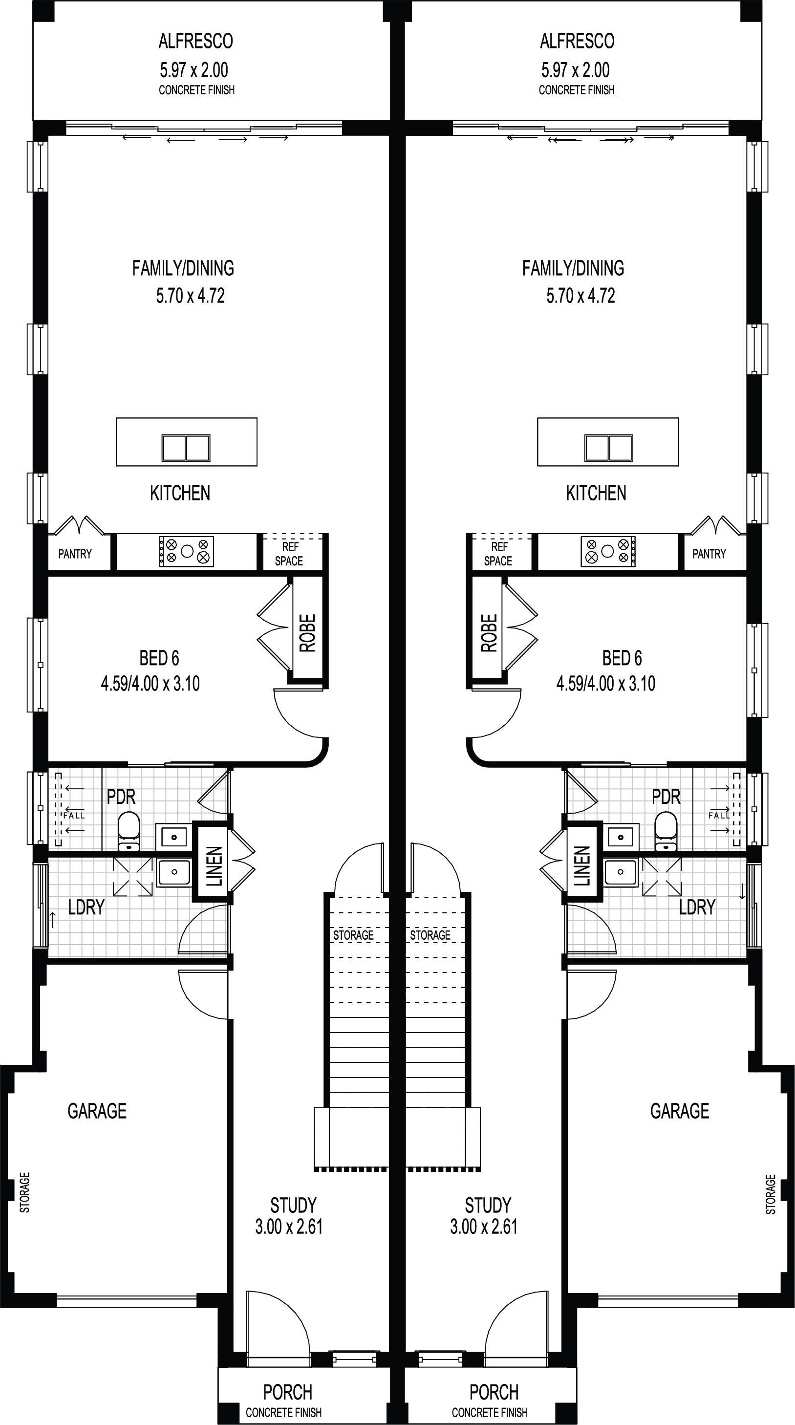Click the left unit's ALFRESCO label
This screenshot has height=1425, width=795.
[196, 41]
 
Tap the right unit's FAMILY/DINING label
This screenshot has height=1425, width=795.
[573, 268]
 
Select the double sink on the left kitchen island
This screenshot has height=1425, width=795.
[186, 448]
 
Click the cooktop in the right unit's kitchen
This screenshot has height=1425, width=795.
[608, 551]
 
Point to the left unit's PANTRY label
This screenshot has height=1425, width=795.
[75, 554]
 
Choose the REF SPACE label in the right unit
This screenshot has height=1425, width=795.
[498, 554]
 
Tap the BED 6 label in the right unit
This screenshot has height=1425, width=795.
[622, 658]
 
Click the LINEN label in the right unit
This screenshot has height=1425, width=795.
[582, 866]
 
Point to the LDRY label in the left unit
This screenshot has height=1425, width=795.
[86, 907]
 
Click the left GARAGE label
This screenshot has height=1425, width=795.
[97, 1111]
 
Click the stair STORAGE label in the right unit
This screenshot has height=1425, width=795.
[430, 935]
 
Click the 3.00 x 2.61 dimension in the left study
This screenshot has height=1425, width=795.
[289, 1227]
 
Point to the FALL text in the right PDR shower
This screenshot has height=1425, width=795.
[719, 816]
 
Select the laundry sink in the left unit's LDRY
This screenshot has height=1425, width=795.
[174, 872]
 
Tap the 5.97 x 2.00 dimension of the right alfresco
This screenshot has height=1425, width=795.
[576, 70]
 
